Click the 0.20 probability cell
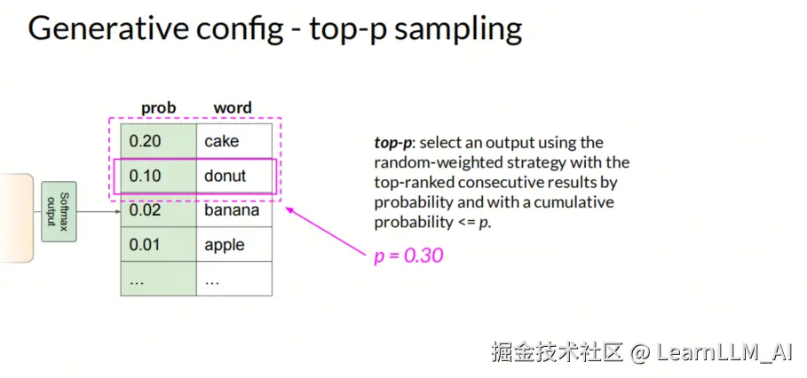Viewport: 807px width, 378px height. click(x=159, y=141)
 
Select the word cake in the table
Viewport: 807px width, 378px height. click(x=221, y=141)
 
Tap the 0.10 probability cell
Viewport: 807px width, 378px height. click(x=159, y=176)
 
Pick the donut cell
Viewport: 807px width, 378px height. click(x=234, y=176)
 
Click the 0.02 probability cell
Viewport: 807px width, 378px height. click(x=159, y=209)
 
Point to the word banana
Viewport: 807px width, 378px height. click(x=232, y=209)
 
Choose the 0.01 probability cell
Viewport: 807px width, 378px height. click(x=159, y=244)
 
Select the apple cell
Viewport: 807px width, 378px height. click(x=234, y=244)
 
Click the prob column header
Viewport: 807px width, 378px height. click(x=159, y=108)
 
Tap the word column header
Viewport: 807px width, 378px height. click(x=233, y=108)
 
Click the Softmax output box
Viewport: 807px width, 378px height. click(x=59, y=211)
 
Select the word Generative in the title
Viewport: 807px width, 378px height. click(x=108, y=28)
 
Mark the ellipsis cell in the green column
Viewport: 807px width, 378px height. click(x=159, y=279)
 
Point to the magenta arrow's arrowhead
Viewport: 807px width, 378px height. click(x=289, y=209)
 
